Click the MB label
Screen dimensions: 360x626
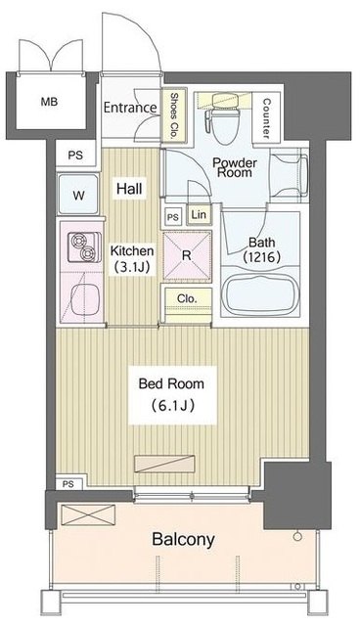[49, 102]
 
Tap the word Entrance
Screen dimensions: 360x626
[130, 108]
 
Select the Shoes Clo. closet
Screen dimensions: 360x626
[173, 115]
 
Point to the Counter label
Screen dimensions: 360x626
[266, 118]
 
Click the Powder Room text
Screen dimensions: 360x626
[234, 167]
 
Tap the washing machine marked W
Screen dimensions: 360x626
[78, 195]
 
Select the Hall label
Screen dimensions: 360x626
[129, 188]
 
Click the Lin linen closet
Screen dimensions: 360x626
[199, 215]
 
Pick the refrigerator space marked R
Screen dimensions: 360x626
[187, 255]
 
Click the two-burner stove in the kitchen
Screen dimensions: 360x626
[84, 247]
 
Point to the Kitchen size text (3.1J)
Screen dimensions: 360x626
[132, 267]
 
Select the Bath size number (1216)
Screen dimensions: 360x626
[262, 256]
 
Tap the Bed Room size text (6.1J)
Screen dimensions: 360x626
[172, 406]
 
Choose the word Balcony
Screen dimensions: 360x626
[183, 539]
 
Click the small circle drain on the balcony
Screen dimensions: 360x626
[297, 537]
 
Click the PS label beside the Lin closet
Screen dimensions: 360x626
[173, 217]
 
